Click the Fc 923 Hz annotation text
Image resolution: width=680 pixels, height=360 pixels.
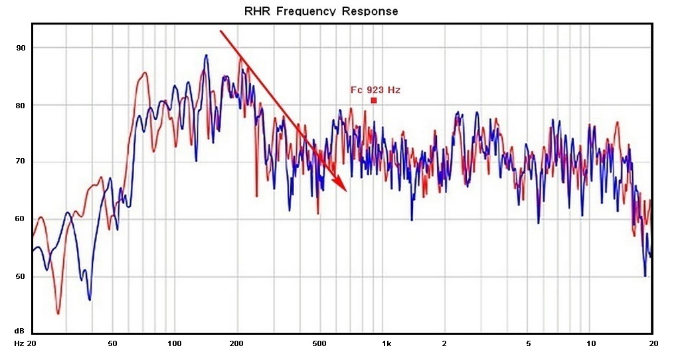click(375, 90)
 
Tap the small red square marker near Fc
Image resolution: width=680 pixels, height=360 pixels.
click(374, 100)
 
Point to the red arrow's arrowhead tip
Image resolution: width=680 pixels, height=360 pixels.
click(347, 191)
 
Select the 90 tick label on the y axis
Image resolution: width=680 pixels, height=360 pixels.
click(21, 48)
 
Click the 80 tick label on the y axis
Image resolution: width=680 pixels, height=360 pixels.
click(21, 105)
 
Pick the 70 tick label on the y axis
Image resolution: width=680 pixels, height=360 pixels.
click(21, 161)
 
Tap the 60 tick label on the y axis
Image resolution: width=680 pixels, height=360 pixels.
click(21, 219)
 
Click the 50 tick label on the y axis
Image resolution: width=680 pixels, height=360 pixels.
click(21, 276)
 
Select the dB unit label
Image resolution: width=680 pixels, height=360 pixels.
click(20, 330)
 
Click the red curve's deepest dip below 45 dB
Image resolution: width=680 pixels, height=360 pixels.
click(58, 314)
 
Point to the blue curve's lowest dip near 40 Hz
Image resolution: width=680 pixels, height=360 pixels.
click(90, 300)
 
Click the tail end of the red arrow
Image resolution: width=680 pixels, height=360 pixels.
click(220, 31)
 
